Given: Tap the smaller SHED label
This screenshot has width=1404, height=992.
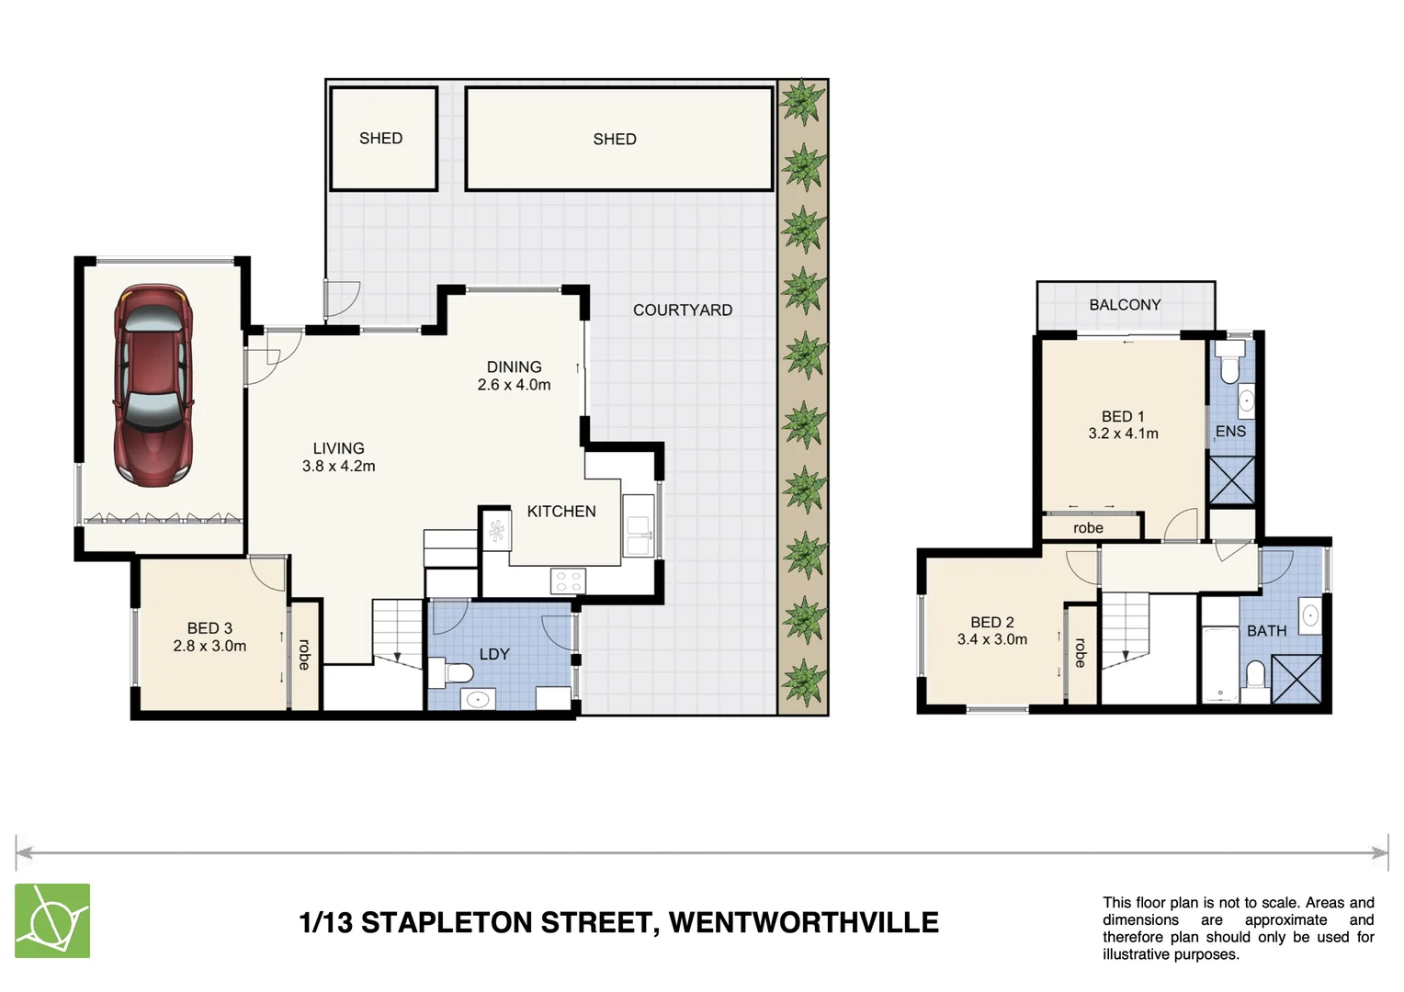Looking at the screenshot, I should click(380, 139).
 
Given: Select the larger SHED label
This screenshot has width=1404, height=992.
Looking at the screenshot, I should click(614, 140).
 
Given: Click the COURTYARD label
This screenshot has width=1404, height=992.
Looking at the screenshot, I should click(682, 310).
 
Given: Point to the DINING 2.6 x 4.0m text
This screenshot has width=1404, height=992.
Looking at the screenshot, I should click(514, 376).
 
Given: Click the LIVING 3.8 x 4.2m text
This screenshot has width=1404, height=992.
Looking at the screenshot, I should click(338, 457).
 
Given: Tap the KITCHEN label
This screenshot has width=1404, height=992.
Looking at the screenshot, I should click(560, 512).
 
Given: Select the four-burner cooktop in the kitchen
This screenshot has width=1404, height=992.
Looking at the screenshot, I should click(567, 581).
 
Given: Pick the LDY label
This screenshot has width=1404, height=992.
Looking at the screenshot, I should click(493, 654).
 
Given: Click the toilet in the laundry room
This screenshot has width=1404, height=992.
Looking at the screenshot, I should click(456, 672).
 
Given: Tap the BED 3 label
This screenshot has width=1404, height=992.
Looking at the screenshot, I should click(209, 628).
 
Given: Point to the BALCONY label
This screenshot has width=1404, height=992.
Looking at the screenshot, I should click(1125, 305).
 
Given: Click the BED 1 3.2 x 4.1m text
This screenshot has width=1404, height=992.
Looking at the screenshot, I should click(1123, 425).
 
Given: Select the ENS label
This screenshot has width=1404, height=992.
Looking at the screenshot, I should click(1230, 432).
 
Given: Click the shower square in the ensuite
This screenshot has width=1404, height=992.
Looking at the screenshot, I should click(1231, 479).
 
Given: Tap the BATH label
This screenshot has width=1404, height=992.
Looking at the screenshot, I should click(1266, 631).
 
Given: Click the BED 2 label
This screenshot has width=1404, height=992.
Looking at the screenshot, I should click(991, 623).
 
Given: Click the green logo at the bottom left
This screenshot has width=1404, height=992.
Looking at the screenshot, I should click(52, 920).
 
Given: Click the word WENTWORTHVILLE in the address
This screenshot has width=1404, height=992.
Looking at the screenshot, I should click(803, 922).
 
